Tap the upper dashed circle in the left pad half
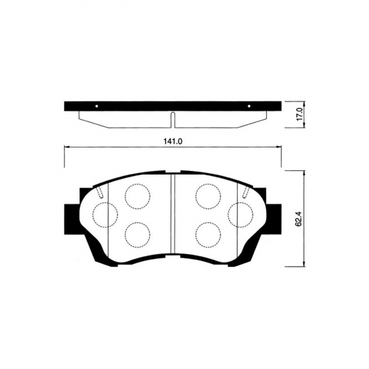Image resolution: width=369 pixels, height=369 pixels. (136, 195)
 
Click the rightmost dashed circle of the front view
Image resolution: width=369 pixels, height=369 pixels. (240, 214)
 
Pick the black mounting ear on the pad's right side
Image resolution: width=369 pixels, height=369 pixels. (273, 213)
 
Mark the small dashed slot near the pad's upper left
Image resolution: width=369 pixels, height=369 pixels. (101, 192)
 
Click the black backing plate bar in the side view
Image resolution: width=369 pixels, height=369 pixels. (173, 107)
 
